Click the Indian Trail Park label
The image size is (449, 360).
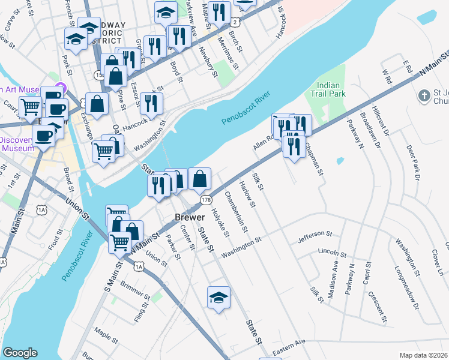click(328, 90)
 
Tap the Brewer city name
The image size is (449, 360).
click(190, 217)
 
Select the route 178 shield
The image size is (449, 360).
click(206, 199)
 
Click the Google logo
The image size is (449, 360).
click(20, 353)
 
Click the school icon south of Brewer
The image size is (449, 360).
click(218, 297)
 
